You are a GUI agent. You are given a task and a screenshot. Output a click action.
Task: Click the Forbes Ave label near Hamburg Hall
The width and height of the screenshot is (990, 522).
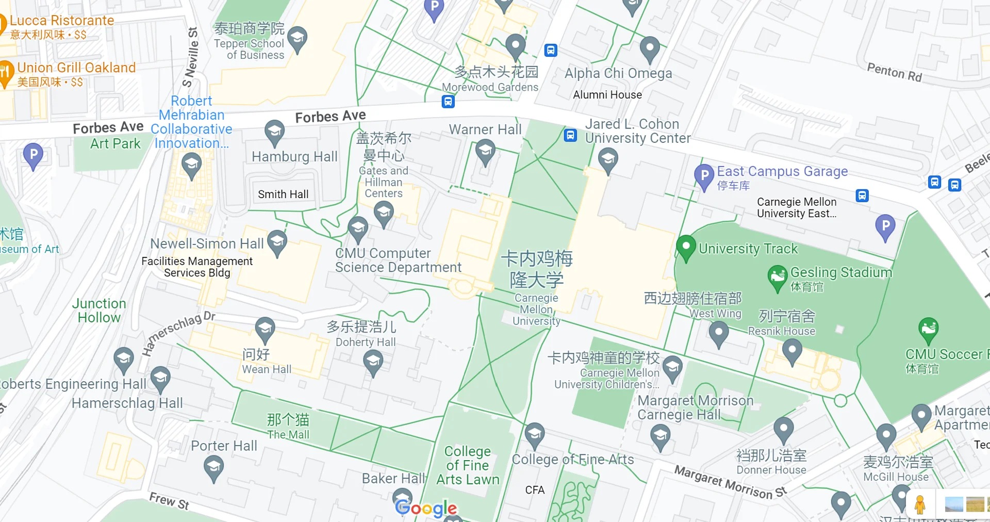pyautogui.click(x=331, y=117)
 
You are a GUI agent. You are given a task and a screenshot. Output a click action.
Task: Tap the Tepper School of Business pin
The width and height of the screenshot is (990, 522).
pyautogui.click(x=298, y=38)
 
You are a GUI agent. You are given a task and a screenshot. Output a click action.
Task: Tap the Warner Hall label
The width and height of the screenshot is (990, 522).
pyautogui.click(x=485, y=129)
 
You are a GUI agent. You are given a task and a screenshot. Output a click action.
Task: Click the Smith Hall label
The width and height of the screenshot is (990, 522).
pyautogui.click(x=283, y=194)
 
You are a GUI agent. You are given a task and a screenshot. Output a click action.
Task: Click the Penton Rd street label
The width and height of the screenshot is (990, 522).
pyautogui.click(x=894, y=72)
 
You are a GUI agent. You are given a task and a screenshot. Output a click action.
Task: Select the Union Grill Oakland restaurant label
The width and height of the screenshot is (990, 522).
pyautogui.click(x=76, y=68)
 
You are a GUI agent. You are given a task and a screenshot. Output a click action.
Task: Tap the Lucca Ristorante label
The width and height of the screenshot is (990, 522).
pyautogui.click(x=62, y=21)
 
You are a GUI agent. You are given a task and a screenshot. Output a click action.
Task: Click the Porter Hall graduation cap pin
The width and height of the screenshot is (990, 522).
pyautogui.click(x=213, y=468)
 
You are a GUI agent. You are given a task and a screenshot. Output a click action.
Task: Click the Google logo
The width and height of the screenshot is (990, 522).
pyautogui.click(x=426, y=509)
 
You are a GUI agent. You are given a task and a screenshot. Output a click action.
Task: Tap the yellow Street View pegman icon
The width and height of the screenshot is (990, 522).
pyautogui.click(x=920, y=504)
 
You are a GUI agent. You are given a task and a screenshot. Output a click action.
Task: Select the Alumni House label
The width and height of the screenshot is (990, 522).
pyautogui.click(x=607, y=95)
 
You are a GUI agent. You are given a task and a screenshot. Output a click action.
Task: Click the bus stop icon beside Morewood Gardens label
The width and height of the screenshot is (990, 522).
pyautogui.click(x=448, y=102)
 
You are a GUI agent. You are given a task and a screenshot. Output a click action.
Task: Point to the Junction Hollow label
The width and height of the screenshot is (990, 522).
pyautogui.click(x=99, y=311)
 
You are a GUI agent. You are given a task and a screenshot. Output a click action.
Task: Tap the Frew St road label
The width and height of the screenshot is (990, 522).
pyautogui.click(x=169, y=500)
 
